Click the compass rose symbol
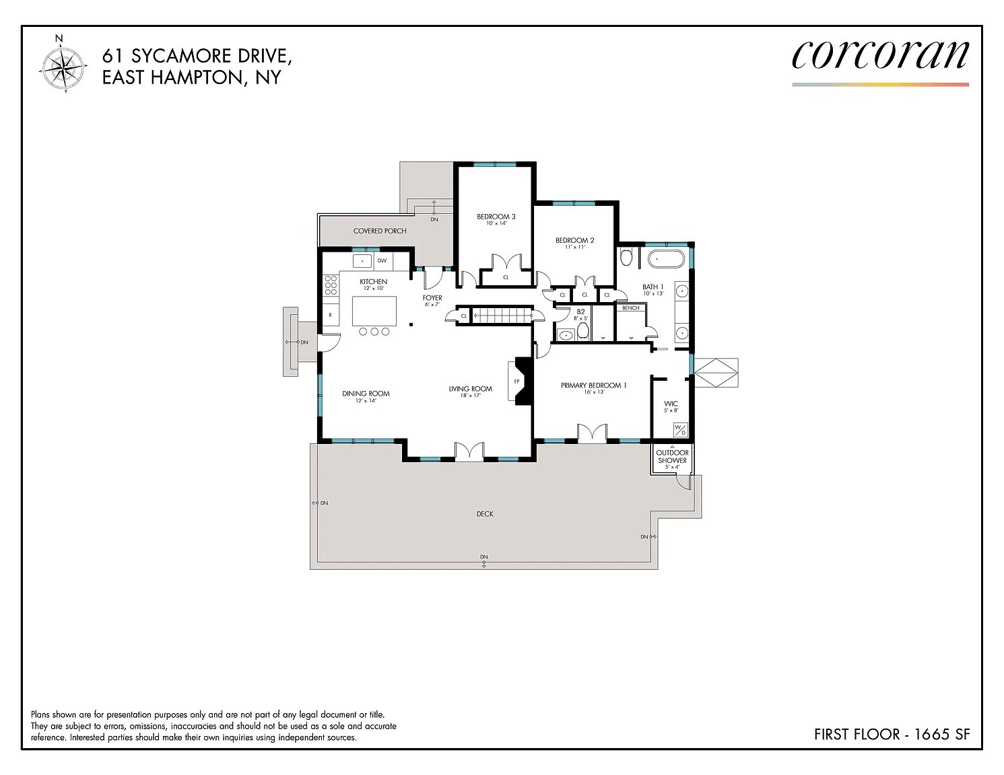point(63,66)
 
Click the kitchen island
point(374,311)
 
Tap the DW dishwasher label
point(382,261)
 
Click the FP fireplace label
point(516,381)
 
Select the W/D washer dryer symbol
point(681,430)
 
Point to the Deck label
point(485,514)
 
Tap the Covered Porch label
point(380,231)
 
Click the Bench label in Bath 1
point(631,308)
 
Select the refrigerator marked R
point(331,315)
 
